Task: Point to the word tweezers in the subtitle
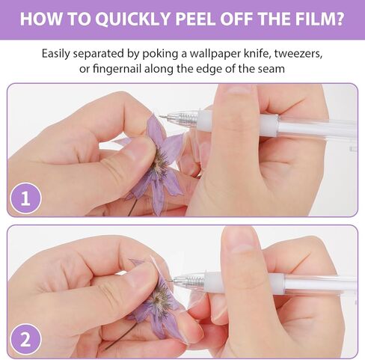click(298, 54)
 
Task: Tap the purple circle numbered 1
click(25, 198)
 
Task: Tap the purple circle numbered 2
click(25, 339)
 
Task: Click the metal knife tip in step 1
click(163, 116)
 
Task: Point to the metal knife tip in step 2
click(171, 281)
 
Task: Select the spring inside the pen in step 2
click(196, 281)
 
